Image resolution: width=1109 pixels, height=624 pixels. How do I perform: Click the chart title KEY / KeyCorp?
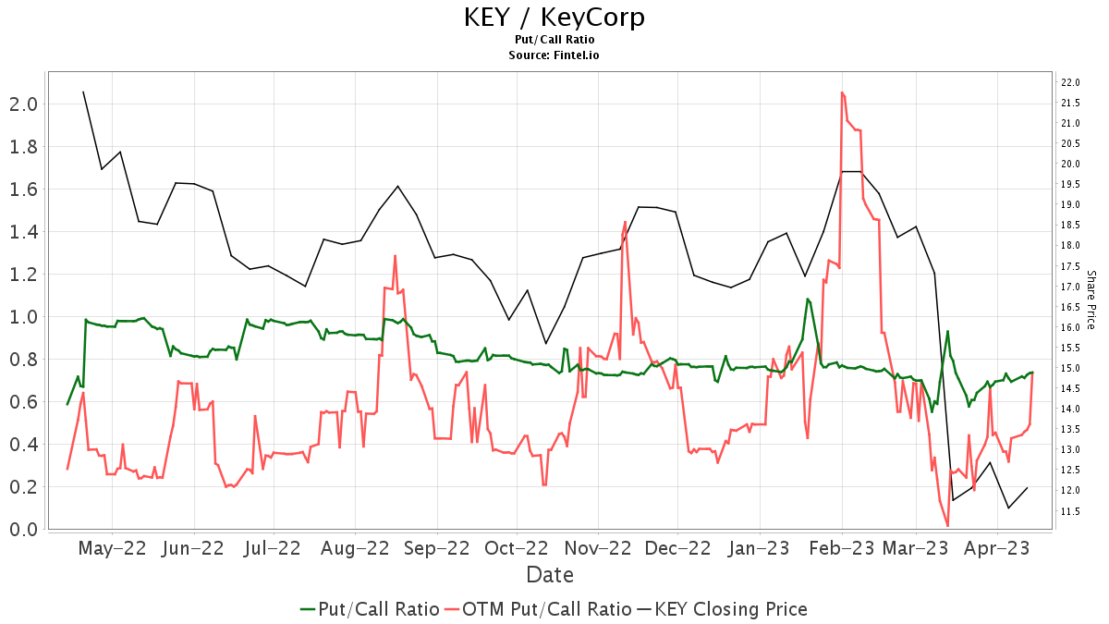(x=554, y=18)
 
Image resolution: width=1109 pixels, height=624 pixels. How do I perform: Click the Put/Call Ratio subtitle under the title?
(x=554, y=40)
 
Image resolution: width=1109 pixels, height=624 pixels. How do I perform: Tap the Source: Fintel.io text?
(x=554, y=55)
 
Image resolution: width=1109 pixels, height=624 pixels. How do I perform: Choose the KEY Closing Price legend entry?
(x=730, y=609)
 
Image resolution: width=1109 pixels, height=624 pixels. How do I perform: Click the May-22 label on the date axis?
(x=112, y=548)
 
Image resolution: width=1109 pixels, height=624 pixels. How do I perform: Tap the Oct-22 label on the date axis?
(x=517, y=548)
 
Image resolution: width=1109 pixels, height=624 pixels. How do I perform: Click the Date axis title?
(x=550, y=575)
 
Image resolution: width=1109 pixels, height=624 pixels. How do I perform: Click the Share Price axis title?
(x=1091, y=300)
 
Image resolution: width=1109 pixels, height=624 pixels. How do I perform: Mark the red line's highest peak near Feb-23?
(x=842, y=92)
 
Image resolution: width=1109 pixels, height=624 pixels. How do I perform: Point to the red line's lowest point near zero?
(x=947, y=526)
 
